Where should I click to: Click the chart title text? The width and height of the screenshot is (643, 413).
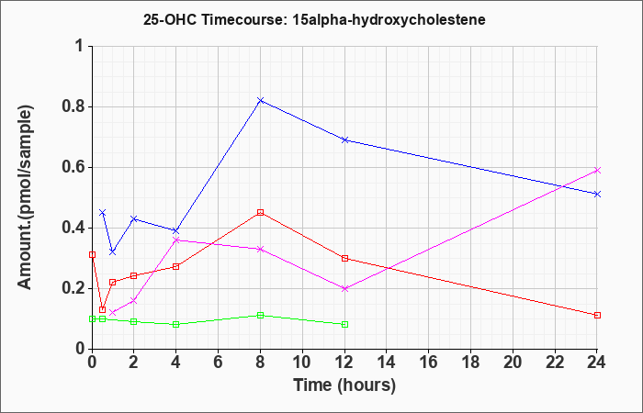click(321, 18)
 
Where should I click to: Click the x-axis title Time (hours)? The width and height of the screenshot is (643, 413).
click(344, 385)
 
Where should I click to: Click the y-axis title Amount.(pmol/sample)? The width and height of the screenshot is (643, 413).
click(27, 197)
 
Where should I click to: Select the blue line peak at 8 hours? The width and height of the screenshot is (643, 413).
click(261, 100)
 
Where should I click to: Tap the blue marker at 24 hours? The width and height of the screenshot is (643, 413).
click(598, 194)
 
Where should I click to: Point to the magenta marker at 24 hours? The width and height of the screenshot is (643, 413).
click(598, 170)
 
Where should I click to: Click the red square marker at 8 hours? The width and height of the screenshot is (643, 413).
click(261, 212)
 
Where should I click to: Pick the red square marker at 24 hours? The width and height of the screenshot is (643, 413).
click(598, 315)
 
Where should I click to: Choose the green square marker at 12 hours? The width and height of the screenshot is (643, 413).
click(345, 324)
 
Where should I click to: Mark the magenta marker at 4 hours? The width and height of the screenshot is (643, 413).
click(176, 240)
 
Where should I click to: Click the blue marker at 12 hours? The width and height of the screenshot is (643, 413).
click(345, 140)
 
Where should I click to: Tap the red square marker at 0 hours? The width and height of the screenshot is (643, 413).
click(92, 254)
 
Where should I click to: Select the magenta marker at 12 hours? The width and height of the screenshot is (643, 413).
click(345, 288)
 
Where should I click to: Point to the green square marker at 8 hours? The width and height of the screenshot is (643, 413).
click(261, 315)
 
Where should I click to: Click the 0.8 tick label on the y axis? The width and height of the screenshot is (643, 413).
click(72, 106)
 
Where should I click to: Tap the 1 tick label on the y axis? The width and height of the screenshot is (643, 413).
click(79, 46)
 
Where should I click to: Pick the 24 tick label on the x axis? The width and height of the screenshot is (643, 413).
click(598, 363)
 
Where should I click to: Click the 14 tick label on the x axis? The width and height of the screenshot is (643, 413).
click(387, 363)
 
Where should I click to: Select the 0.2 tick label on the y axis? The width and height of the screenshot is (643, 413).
click(72, 288)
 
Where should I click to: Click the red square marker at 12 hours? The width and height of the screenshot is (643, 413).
click(345, 258)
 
